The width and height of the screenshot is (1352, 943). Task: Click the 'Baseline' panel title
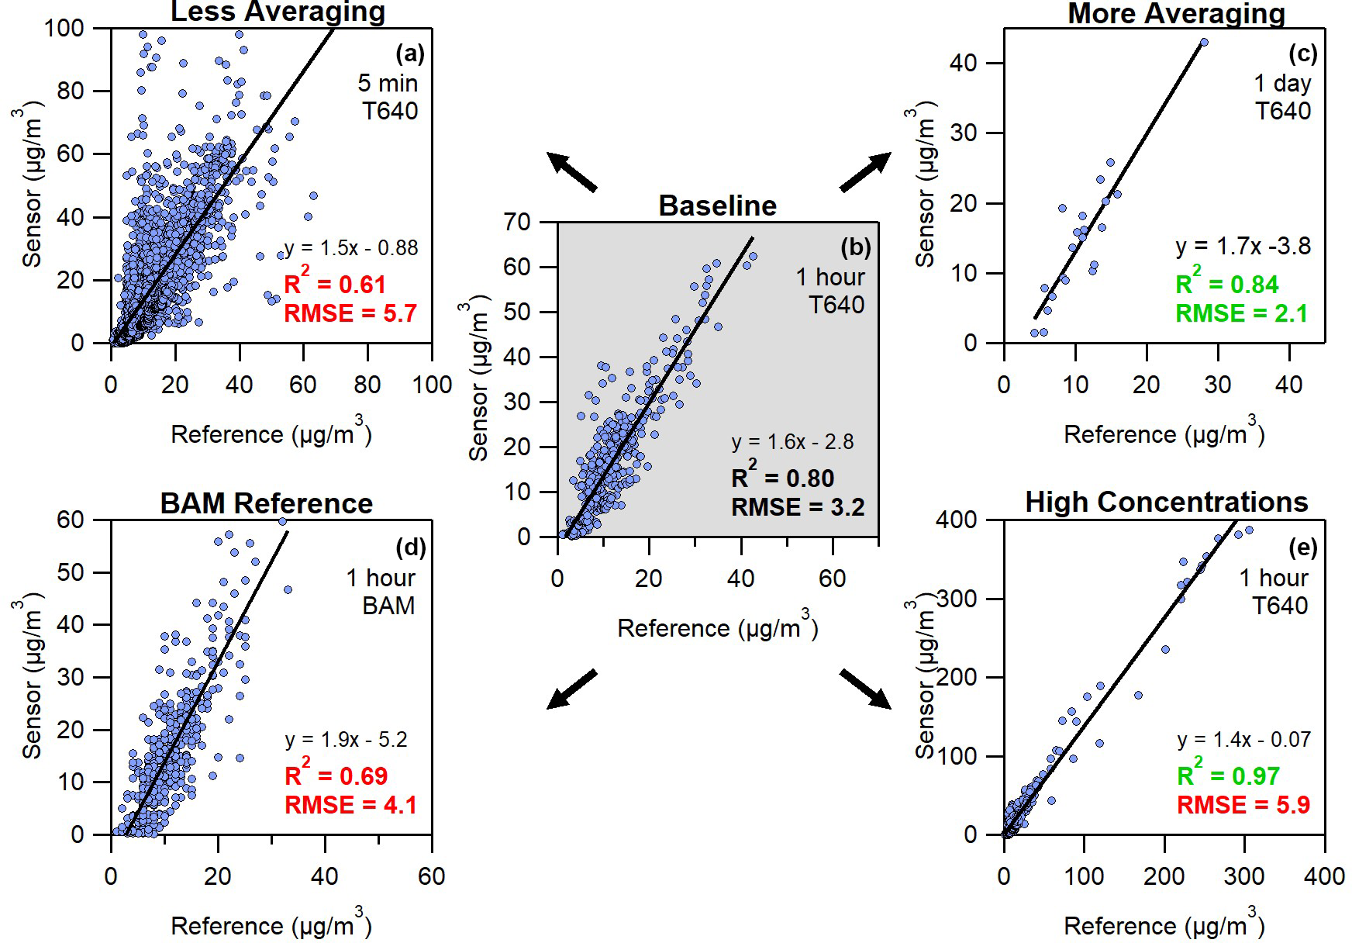(x=717, y=206)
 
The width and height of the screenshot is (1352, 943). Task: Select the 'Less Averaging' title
(x=278, y=12)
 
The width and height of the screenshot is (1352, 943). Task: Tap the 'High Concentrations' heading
(x=1166, y=503)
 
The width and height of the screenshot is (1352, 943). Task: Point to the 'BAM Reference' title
(x=266, y=504)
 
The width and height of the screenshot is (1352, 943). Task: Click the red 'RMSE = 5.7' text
(x=350, y=313)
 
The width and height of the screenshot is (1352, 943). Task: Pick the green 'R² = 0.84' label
(x=1226, y=285)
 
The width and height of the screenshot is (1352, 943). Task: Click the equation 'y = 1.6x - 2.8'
(x=792, y=442)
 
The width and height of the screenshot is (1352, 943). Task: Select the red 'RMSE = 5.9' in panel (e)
(x=1243, y=805)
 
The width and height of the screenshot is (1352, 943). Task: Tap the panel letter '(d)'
(x=410, y=547)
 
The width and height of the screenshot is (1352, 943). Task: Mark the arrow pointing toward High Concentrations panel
(x=864, y=688)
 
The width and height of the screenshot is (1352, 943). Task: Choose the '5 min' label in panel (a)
(x=388, y=83)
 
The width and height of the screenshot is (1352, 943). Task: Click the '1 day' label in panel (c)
(x=1282, y=83)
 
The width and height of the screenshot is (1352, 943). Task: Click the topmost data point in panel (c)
(x=1203, y=43)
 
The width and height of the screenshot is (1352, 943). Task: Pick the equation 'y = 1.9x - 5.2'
(x=346, y=740)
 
